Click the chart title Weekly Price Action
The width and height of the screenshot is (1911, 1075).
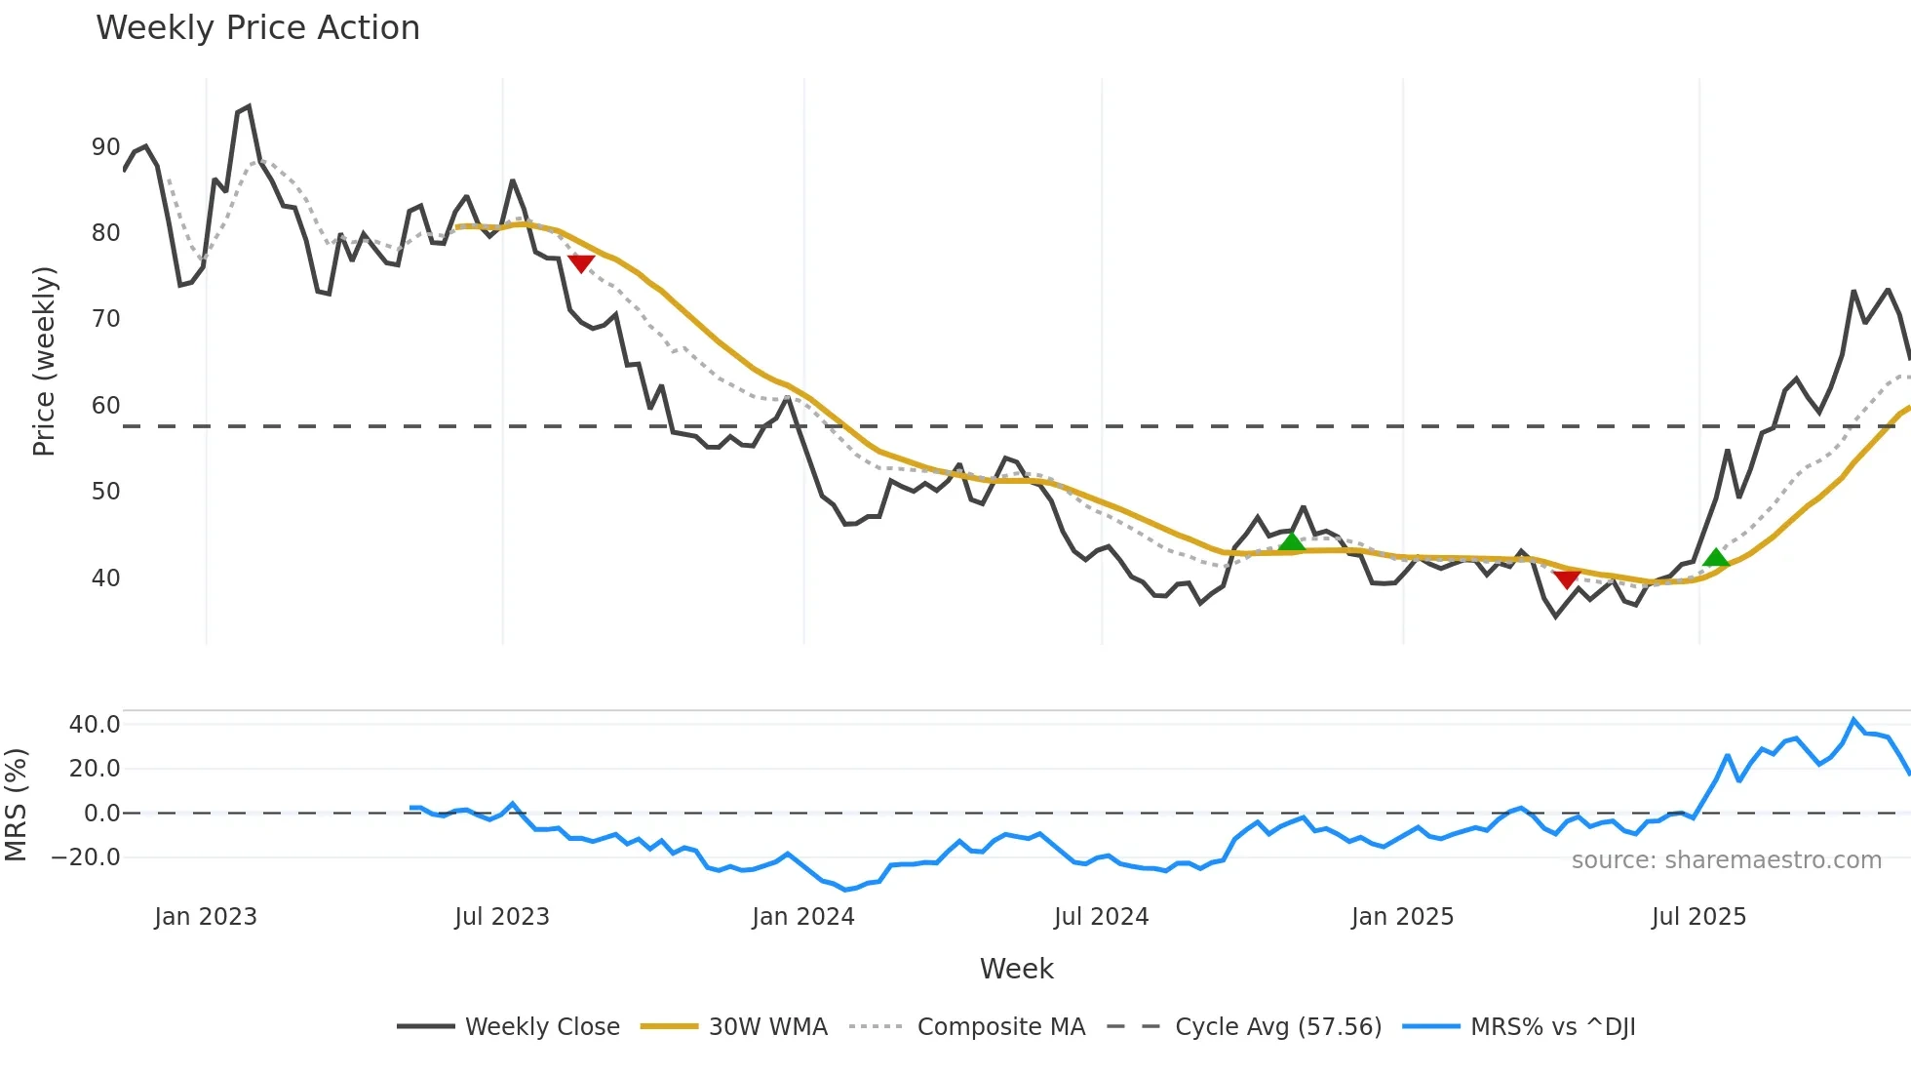click(x=257, y=28)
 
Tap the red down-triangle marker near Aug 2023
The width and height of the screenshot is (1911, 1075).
click(x=581, y=263)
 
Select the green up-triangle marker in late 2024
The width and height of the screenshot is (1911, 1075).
click(x=1292, y=541)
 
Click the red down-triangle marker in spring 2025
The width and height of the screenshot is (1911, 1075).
click(x=1567, y=579)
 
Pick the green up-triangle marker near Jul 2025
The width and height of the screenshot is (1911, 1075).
click(x=1716, y=558)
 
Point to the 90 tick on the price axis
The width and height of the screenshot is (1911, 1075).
click(x=105, y=147)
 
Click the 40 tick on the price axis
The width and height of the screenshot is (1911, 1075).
click(x=105, y=578)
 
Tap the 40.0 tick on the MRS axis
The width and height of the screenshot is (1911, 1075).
click(x=95, y=725)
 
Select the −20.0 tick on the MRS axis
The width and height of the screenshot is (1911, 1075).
click(x=86, y=857)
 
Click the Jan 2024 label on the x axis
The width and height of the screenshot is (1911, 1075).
click(x=803, y=917)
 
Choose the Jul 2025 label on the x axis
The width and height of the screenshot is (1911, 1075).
click(x=1698, y=917)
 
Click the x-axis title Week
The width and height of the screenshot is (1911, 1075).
click(x=1016, y=969)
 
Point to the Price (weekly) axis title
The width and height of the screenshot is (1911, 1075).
click(x=44, y=361)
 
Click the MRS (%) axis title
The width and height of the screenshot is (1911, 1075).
click(x=16, y=805)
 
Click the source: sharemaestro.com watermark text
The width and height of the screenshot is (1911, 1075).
click(x=1726, y=860)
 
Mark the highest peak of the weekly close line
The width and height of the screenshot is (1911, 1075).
click(x=249, y=106)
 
